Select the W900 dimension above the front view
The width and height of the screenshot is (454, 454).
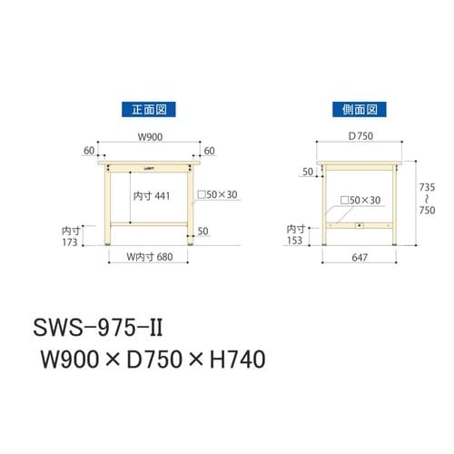click(150, 139)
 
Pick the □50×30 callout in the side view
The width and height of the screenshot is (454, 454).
click(358, 200)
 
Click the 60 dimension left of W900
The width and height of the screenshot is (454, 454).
click(87, 151)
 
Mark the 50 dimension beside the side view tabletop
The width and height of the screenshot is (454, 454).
click(306, 171)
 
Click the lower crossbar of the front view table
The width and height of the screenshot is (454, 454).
click(150, 224)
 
